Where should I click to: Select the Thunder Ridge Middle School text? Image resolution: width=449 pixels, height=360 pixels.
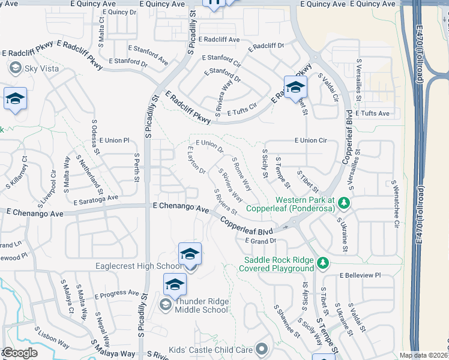point(201,305)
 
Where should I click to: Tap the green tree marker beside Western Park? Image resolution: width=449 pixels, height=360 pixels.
point(343,204)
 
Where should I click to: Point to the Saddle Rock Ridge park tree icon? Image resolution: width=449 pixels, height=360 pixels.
point(322,263)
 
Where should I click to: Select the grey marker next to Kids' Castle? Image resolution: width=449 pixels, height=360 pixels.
point(261,348)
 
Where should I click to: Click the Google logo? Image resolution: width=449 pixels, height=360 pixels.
point(20,353)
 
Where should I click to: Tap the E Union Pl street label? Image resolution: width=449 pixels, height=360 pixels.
point(114,140)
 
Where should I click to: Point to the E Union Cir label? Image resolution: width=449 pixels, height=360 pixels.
point(310,140)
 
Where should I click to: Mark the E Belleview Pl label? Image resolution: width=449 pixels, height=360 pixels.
point(360,275)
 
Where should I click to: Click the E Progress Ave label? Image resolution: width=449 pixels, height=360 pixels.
point(116,293)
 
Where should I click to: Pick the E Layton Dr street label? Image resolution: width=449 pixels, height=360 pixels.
point(196,160)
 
